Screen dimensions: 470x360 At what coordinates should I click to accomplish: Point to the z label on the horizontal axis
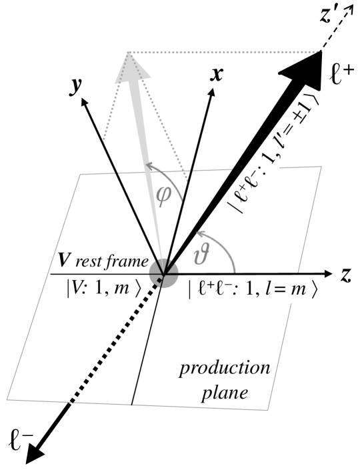click(x=345, y=275)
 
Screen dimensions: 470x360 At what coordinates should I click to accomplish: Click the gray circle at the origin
click(x=162, y=273)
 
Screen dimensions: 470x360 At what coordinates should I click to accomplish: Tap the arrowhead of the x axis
click(x=213, y=93)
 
